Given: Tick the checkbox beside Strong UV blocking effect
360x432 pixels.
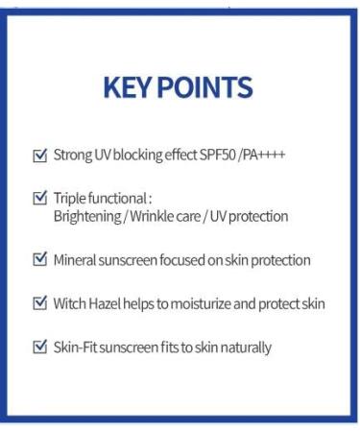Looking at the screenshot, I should point(39,155).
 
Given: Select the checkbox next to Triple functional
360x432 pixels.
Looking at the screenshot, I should point(39,198).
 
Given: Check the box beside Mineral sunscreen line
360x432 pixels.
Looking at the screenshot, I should point(39,259).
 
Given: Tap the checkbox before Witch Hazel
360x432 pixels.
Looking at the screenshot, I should point(39,303).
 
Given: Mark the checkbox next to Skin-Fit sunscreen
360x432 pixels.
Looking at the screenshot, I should point(39,347).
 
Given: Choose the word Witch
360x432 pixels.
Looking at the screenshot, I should point(71,303).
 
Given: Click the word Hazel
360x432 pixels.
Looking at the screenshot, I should point(108,303).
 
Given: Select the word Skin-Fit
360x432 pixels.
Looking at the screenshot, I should point(77,347).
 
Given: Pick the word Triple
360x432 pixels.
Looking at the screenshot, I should point(71,199).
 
